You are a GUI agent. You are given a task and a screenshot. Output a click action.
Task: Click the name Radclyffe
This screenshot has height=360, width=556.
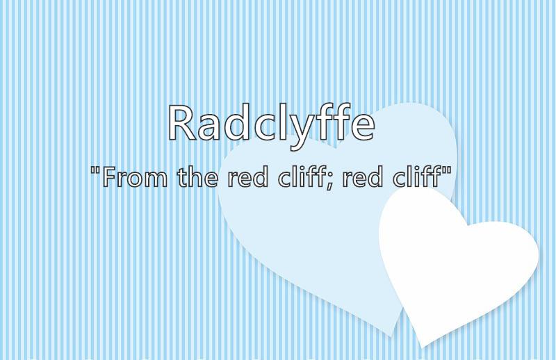point(271,126)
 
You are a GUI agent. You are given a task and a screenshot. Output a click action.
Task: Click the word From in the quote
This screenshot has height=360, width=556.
point(135,177)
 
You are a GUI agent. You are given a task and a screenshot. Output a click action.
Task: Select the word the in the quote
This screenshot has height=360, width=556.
point(198,177)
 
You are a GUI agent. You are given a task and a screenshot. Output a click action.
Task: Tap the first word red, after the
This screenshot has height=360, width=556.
point(248,177)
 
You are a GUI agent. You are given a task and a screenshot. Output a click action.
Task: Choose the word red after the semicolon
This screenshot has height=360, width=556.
point(363,177)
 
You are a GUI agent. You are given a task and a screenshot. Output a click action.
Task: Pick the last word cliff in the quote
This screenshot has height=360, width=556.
point(416,177)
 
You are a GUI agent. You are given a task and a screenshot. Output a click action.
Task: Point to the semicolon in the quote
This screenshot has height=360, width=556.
point(329,181)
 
